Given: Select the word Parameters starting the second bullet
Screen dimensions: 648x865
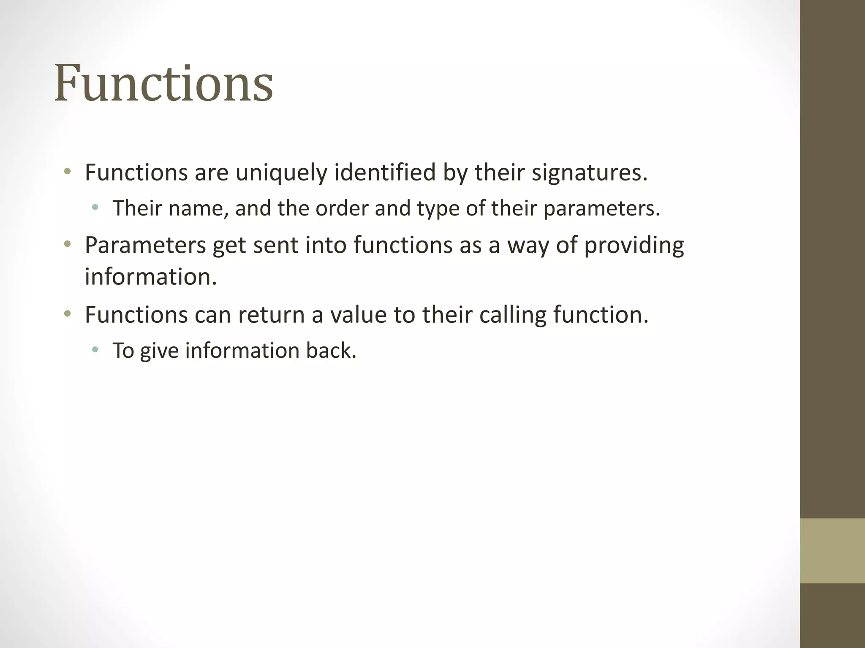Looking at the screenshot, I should pyautogui.click(x=145, y=245).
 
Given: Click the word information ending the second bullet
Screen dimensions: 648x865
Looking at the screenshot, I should pyautogui.click(x=150, y=277).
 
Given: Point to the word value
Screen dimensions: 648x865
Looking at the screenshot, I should pyautogui.click(x=358, y=315).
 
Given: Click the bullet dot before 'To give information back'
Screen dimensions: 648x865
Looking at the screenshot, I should pyautogui.click(x=95, y=349).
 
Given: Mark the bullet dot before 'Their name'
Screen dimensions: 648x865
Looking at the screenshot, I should pyautogui.click(x=95, y=207).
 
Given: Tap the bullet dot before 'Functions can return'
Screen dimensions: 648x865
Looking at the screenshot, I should pyautogui.click(x=67, y=313).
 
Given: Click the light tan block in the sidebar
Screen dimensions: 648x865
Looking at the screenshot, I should pyautogui.click(x=832, y=551).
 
